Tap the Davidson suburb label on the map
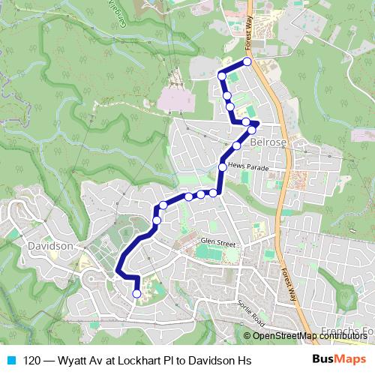49,246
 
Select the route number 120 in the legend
33,360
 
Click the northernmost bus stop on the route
247,61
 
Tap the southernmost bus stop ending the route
136,294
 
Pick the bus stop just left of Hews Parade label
222,167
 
